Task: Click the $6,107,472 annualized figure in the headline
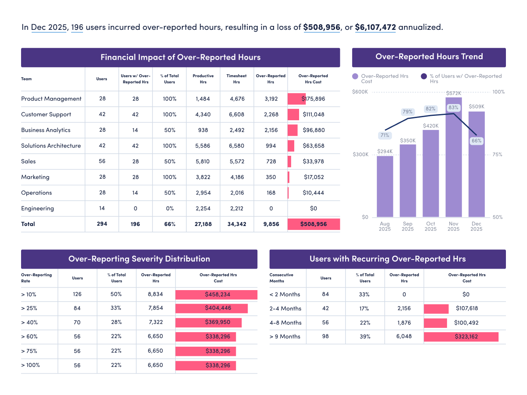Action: click(x=375, y=27)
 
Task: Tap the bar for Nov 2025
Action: click(x=453, y=158)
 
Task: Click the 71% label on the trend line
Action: click(x=385, y=135)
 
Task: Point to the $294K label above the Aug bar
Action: click(x=385, y=151)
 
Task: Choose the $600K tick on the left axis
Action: click(x=360, y=92)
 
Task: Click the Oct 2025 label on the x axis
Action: click(x=430, y=226)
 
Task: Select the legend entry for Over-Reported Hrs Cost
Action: click(x=380, y=79)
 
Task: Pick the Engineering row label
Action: click(x=38, y=208)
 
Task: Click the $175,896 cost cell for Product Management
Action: click(x=314, y=99)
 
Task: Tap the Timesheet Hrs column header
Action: click(x=236, y=79)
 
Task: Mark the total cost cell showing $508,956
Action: click(x=314, y=224)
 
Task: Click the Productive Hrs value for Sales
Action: click(x=202, y=162)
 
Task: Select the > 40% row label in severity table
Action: click(x=29, y=322)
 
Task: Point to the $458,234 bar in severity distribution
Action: click(x=216, y=294)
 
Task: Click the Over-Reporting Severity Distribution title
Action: click(x=139, y=259)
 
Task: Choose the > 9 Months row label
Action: click(x=285, y=337)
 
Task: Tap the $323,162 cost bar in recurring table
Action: click(x=461, y=337)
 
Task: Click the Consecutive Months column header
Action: click(x=282, y=278)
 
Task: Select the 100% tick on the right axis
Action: click(x=498, y=92)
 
